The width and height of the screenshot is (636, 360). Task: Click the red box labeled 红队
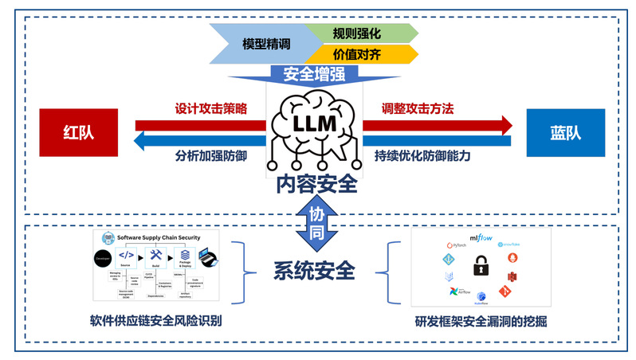pyautogui.click(x=78, y=132)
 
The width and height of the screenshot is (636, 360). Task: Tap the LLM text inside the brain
pyautogui.click(x=316, y=125)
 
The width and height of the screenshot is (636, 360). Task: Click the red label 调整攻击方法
pyautogui.click(x=422, y=108)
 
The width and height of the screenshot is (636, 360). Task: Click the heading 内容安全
pyautogui.click(x=316, y=185)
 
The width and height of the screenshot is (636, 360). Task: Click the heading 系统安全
pyautogui.click(x=314, y=270)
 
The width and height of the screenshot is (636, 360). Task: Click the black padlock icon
pyautogui.click(x=481, y=265)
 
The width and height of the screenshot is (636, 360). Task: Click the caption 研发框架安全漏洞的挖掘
pyautogui.click(x=481, y=322)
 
